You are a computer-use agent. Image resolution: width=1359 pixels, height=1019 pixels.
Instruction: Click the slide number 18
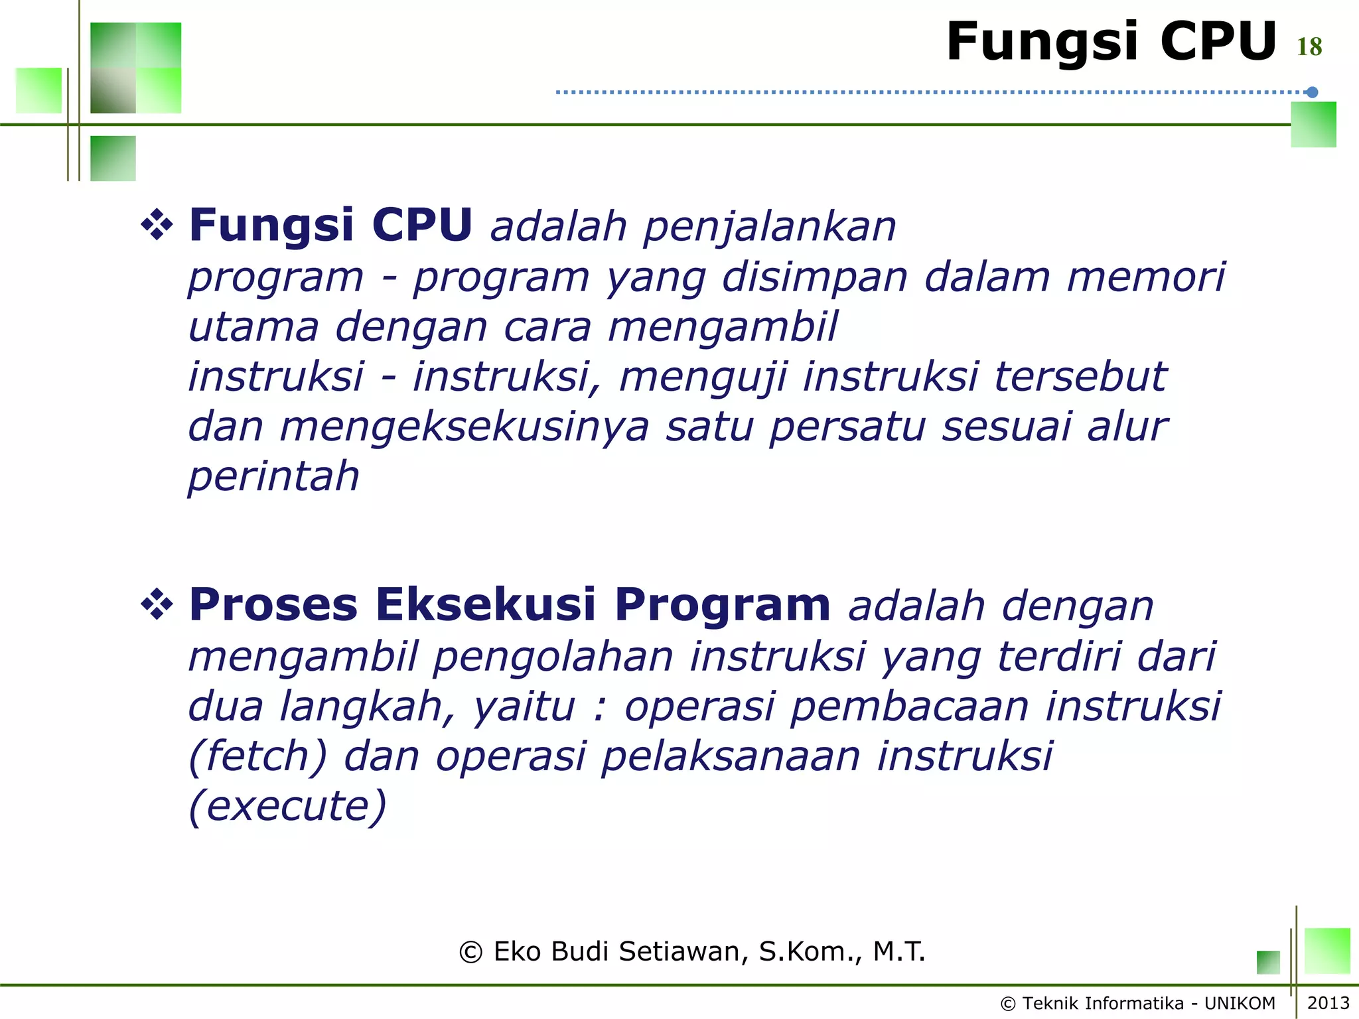1309,46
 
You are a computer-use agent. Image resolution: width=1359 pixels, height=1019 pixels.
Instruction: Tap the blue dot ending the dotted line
1312,92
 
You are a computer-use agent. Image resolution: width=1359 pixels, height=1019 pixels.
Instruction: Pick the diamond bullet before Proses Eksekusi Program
157,604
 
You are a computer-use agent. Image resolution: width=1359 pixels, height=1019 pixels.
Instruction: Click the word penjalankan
770,226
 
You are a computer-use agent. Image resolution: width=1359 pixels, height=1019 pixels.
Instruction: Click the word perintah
273,476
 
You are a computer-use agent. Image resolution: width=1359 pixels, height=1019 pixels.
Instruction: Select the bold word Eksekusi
486,604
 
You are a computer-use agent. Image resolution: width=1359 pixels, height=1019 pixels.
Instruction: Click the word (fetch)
258,756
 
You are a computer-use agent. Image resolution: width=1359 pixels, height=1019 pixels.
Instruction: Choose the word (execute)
287,805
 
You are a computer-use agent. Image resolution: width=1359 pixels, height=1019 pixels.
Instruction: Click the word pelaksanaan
731,756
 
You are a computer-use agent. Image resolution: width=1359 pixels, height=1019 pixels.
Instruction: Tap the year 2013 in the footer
1328,1002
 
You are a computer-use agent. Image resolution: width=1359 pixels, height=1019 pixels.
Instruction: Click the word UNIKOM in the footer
1240,1003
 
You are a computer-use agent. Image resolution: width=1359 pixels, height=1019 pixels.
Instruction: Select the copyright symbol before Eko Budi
470,952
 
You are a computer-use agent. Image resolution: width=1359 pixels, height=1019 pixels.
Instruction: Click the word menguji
703,377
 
